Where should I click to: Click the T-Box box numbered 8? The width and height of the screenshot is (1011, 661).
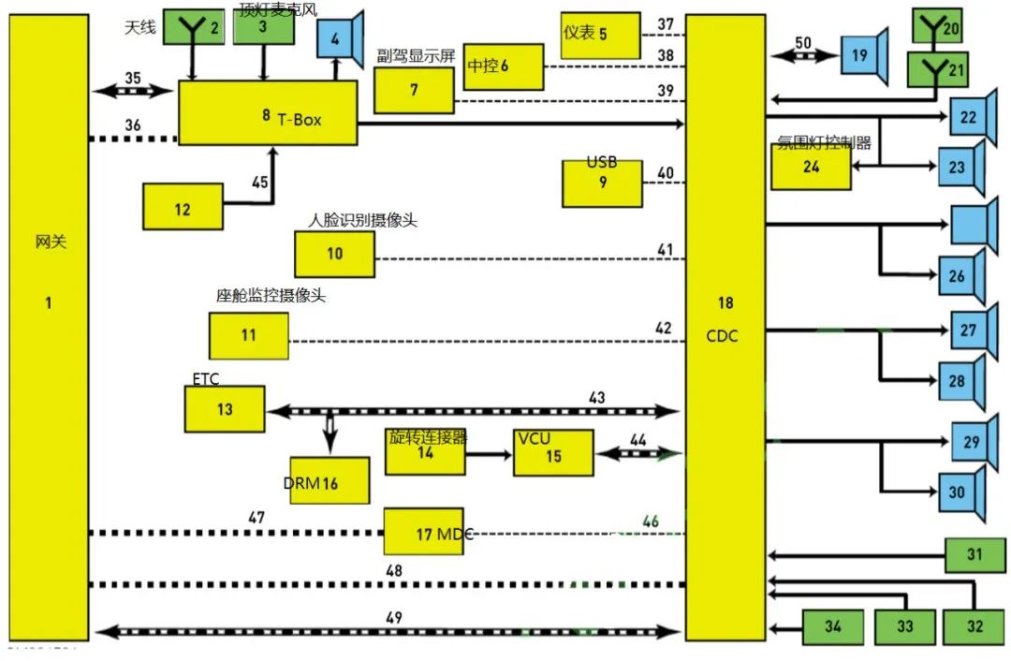tap(268, 112)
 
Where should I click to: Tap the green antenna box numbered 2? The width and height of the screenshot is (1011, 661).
tap(193, 26)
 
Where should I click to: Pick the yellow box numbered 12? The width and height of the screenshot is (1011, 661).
tap(183, 208)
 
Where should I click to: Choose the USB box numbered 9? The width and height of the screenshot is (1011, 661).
tap(602, 183)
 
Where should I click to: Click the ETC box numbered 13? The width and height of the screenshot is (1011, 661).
tap(224, 409)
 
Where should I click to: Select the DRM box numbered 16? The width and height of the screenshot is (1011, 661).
tap(329, 480)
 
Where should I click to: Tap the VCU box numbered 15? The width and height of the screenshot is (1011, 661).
tap(552, 454)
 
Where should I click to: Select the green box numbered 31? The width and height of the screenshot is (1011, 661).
tap(974, 555)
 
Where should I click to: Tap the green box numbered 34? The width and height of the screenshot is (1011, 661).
tap(832, 625)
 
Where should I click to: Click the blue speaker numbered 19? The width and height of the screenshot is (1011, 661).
tap(860, 56)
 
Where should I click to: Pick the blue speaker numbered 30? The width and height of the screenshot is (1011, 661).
tap(960, 491)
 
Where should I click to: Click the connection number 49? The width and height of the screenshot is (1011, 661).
tap(393, 617)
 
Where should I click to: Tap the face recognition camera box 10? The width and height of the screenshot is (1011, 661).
tap(334, 253)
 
